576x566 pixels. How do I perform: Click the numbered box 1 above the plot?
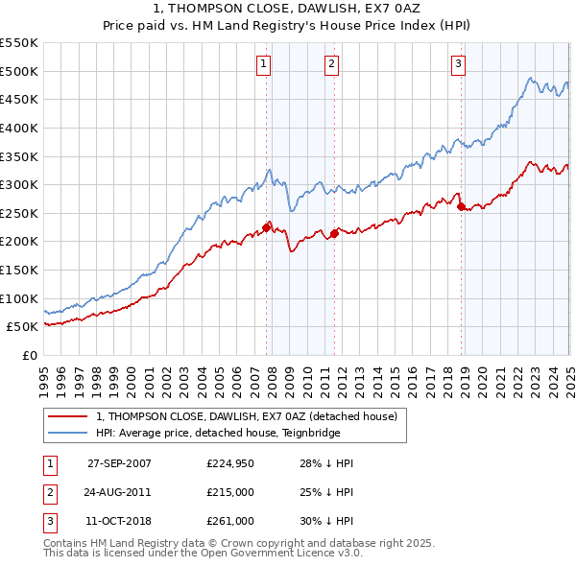[x=263, y=64]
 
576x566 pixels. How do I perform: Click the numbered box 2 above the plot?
[x=331, y=64]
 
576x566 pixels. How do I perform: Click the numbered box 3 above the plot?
[x=458, y=64]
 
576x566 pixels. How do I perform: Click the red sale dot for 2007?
[x=267, y=226]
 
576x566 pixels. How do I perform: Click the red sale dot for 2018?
[x=461, y=206]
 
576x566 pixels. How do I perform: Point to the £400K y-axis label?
[x=19, y=128]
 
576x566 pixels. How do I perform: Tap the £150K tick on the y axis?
[x=19, y=270]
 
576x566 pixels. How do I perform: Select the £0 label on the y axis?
[x=29, y=355]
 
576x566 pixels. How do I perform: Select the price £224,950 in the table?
[x=230, y=463]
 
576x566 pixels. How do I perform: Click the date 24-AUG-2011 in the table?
[x=119, y=492]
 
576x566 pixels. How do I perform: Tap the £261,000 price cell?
[x=230, y=521]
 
